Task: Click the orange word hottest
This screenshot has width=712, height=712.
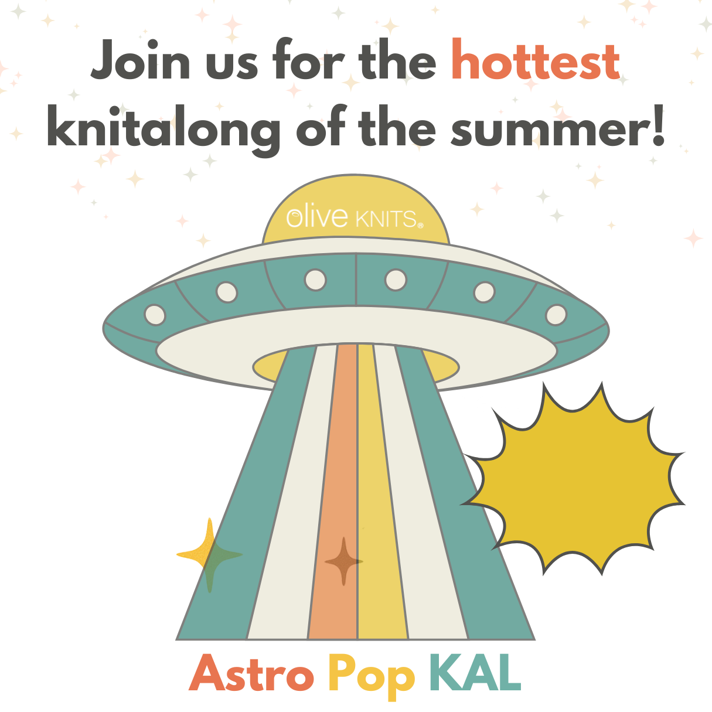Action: click(536, 59)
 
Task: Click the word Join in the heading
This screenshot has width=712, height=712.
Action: click(141, 59)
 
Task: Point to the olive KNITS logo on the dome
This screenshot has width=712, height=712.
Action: click(355, 218)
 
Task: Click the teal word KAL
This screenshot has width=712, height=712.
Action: click(475, 673)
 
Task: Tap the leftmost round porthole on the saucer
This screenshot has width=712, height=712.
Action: click(155, 315)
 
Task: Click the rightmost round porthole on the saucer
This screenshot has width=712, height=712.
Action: click(556, 315)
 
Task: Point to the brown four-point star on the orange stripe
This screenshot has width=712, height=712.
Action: click(343, 561)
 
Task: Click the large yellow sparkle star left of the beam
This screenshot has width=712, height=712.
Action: click(210, 554)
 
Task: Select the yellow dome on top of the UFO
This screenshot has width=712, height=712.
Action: click(356, 209)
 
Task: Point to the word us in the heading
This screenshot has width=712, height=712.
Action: click(231, 66)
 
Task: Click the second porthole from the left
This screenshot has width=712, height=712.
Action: click(227, 292)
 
